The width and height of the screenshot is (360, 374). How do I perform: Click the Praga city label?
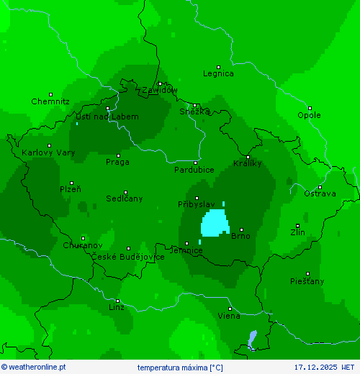117,162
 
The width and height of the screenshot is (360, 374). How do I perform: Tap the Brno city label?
240,236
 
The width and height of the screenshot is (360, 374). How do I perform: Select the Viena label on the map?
229,316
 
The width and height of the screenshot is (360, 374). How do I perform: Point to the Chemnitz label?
50,101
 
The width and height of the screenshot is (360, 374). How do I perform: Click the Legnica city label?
218,73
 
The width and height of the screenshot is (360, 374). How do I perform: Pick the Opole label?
309,115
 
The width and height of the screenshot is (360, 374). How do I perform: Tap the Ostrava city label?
319,193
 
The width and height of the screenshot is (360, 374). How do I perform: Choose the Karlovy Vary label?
48,152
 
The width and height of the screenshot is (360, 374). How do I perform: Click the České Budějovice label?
127,257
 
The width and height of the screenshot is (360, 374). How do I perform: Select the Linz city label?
116,307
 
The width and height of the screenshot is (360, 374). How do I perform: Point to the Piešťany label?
307,280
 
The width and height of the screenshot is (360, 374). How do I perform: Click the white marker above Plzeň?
71,183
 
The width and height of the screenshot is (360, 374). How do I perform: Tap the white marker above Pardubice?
194,163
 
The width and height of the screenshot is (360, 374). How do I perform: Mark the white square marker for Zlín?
297,226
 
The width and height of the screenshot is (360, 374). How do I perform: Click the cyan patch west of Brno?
214,223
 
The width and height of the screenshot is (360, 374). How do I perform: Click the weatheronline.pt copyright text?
33,367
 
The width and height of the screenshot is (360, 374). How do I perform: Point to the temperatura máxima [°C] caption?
180,367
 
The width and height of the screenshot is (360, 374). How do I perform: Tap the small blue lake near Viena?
251,338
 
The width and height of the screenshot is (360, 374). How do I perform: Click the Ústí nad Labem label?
107,117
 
